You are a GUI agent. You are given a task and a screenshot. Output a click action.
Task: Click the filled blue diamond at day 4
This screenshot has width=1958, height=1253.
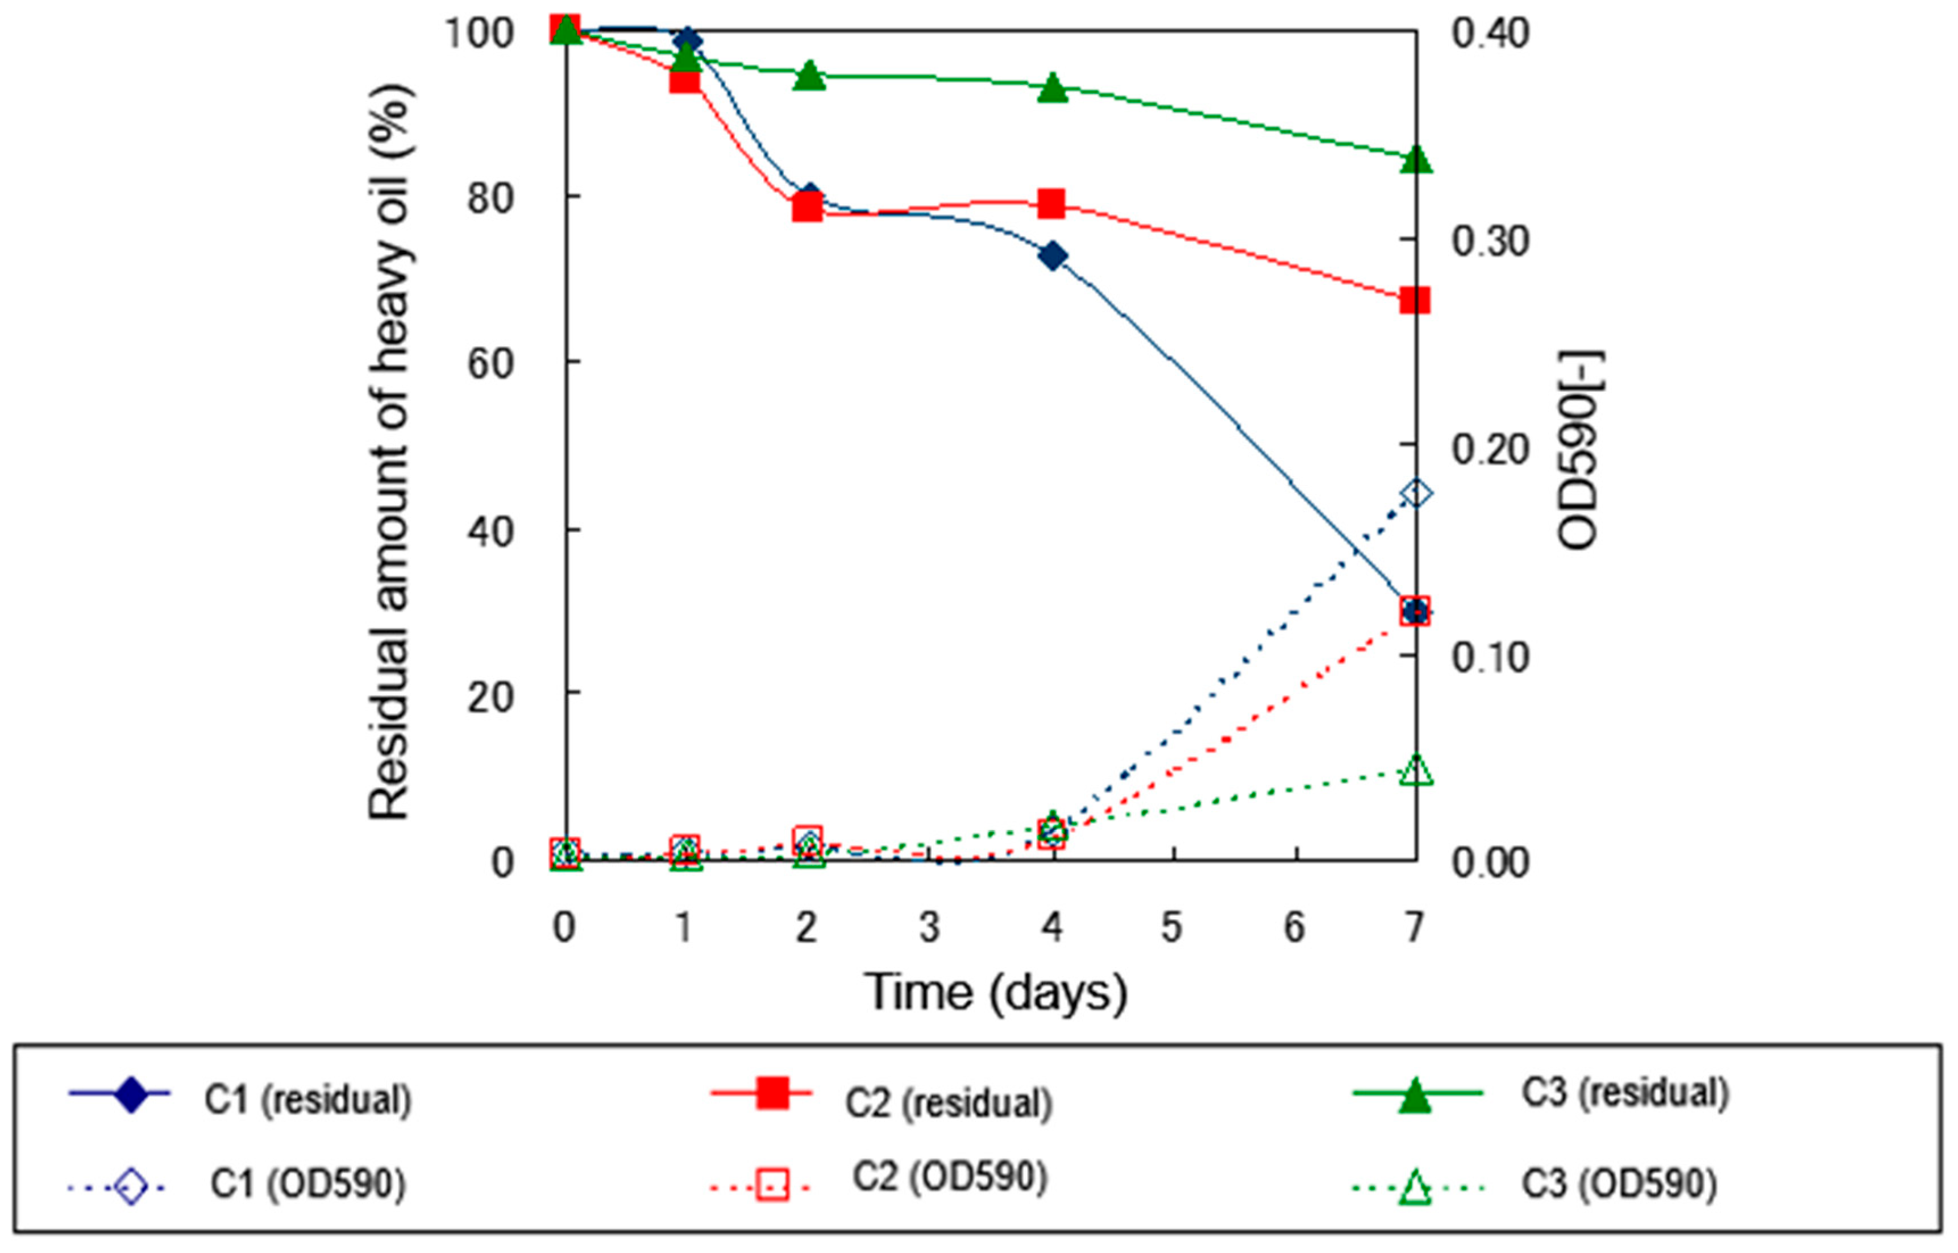(1053, 256)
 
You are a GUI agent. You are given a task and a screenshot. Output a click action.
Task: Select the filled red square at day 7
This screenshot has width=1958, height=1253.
(1415, 300)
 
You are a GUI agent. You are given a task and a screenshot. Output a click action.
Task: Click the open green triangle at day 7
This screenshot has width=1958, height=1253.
(1415, 770)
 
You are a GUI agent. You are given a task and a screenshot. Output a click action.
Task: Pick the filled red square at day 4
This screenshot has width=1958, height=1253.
(1052, 204)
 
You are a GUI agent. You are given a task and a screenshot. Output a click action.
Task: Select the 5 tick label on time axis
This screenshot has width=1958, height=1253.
(1171, 927)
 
